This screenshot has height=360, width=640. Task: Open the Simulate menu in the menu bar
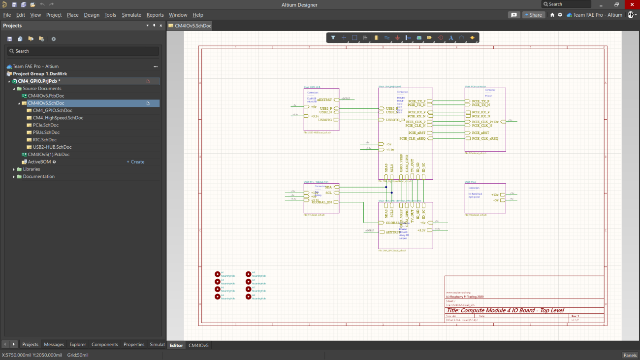[131, 15]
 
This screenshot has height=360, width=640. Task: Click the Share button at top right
[533, 15]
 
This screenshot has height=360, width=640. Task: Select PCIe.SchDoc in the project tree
[45, 125]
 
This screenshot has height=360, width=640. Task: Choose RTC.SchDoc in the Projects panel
[45, 140]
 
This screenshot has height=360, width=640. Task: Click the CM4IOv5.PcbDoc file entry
[46, 96]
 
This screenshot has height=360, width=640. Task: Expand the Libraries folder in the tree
[14, 169]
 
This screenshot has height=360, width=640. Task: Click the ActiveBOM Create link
[135, 162]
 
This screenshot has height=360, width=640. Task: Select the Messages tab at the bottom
[54, 345]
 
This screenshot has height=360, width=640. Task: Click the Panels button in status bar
[630, 355]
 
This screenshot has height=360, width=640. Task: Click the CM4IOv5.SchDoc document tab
[190, 26]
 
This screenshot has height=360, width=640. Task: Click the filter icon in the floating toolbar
[333, 37]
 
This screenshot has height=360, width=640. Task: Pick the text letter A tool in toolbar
[450, 37]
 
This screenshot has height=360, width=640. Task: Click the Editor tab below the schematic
[176, 345]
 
